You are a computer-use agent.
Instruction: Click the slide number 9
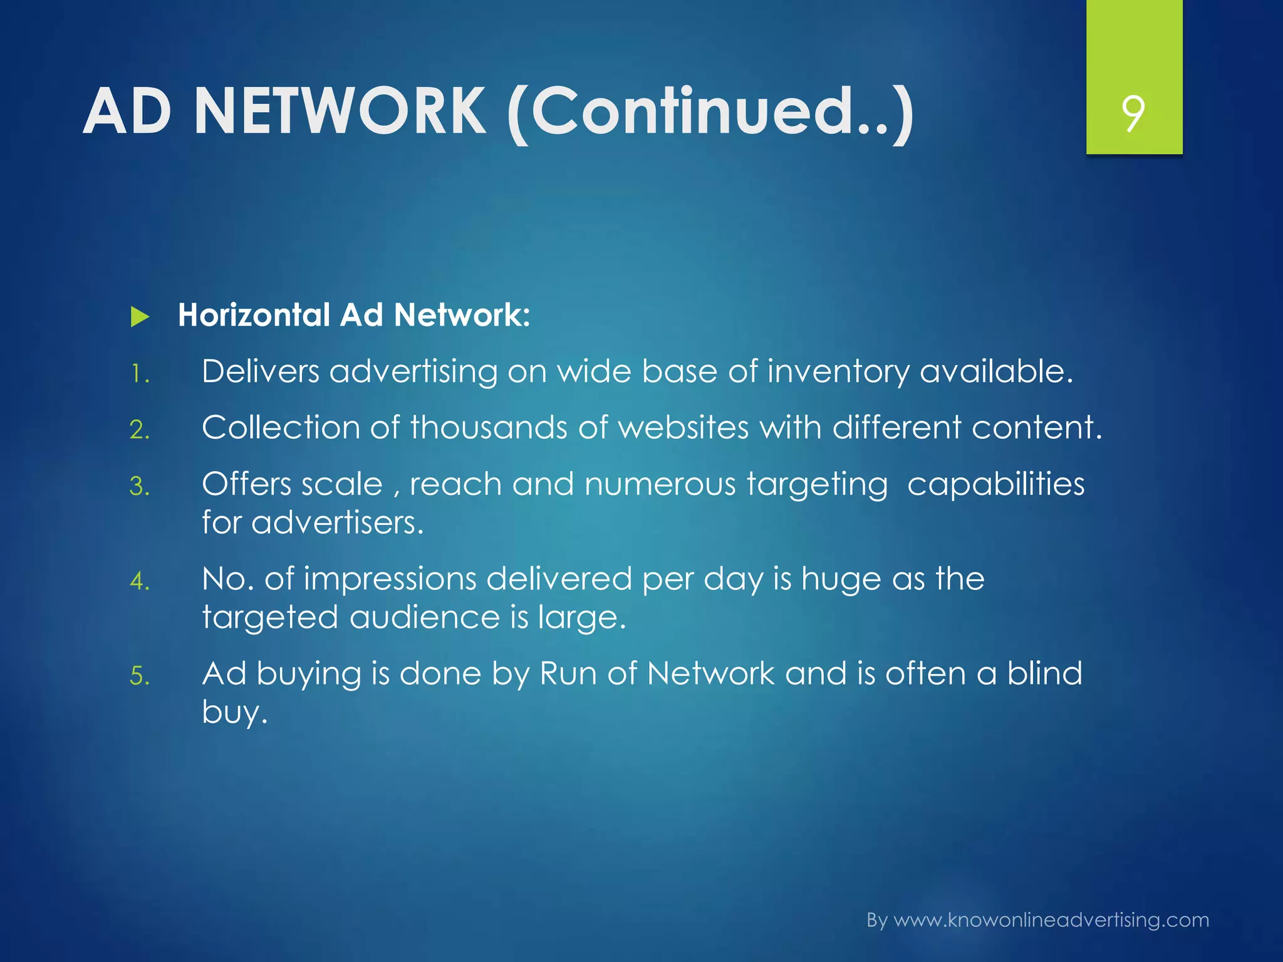tap(1133, 113)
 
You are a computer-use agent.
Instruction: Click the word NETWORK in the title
tap(340, 111)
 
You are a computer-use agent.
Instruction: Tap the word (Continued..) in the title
tap(710, 113)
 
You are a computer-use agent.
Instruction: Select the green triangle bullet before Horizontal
tap(140, 317)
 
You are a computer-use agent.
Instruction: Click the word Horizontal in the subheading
tap(254, 314)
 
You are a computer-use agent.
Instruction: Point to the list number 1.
tap(139, 375)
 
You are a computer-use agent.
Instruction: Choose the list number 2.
tap(140, 430)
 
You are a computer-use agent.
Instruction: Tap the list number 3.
tap(140, 487)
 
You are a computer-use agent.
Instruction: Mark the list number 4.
tap(140, 581)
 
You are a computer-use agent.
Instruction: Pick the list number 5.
tap(140, 676)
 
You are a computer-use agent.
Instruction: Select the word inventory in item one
tap(838, 372)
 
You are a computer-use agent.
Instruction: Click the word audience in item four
tap(424, 617)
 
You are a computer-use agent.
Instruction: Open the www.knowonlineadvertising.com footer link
tap(1051, 920)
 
